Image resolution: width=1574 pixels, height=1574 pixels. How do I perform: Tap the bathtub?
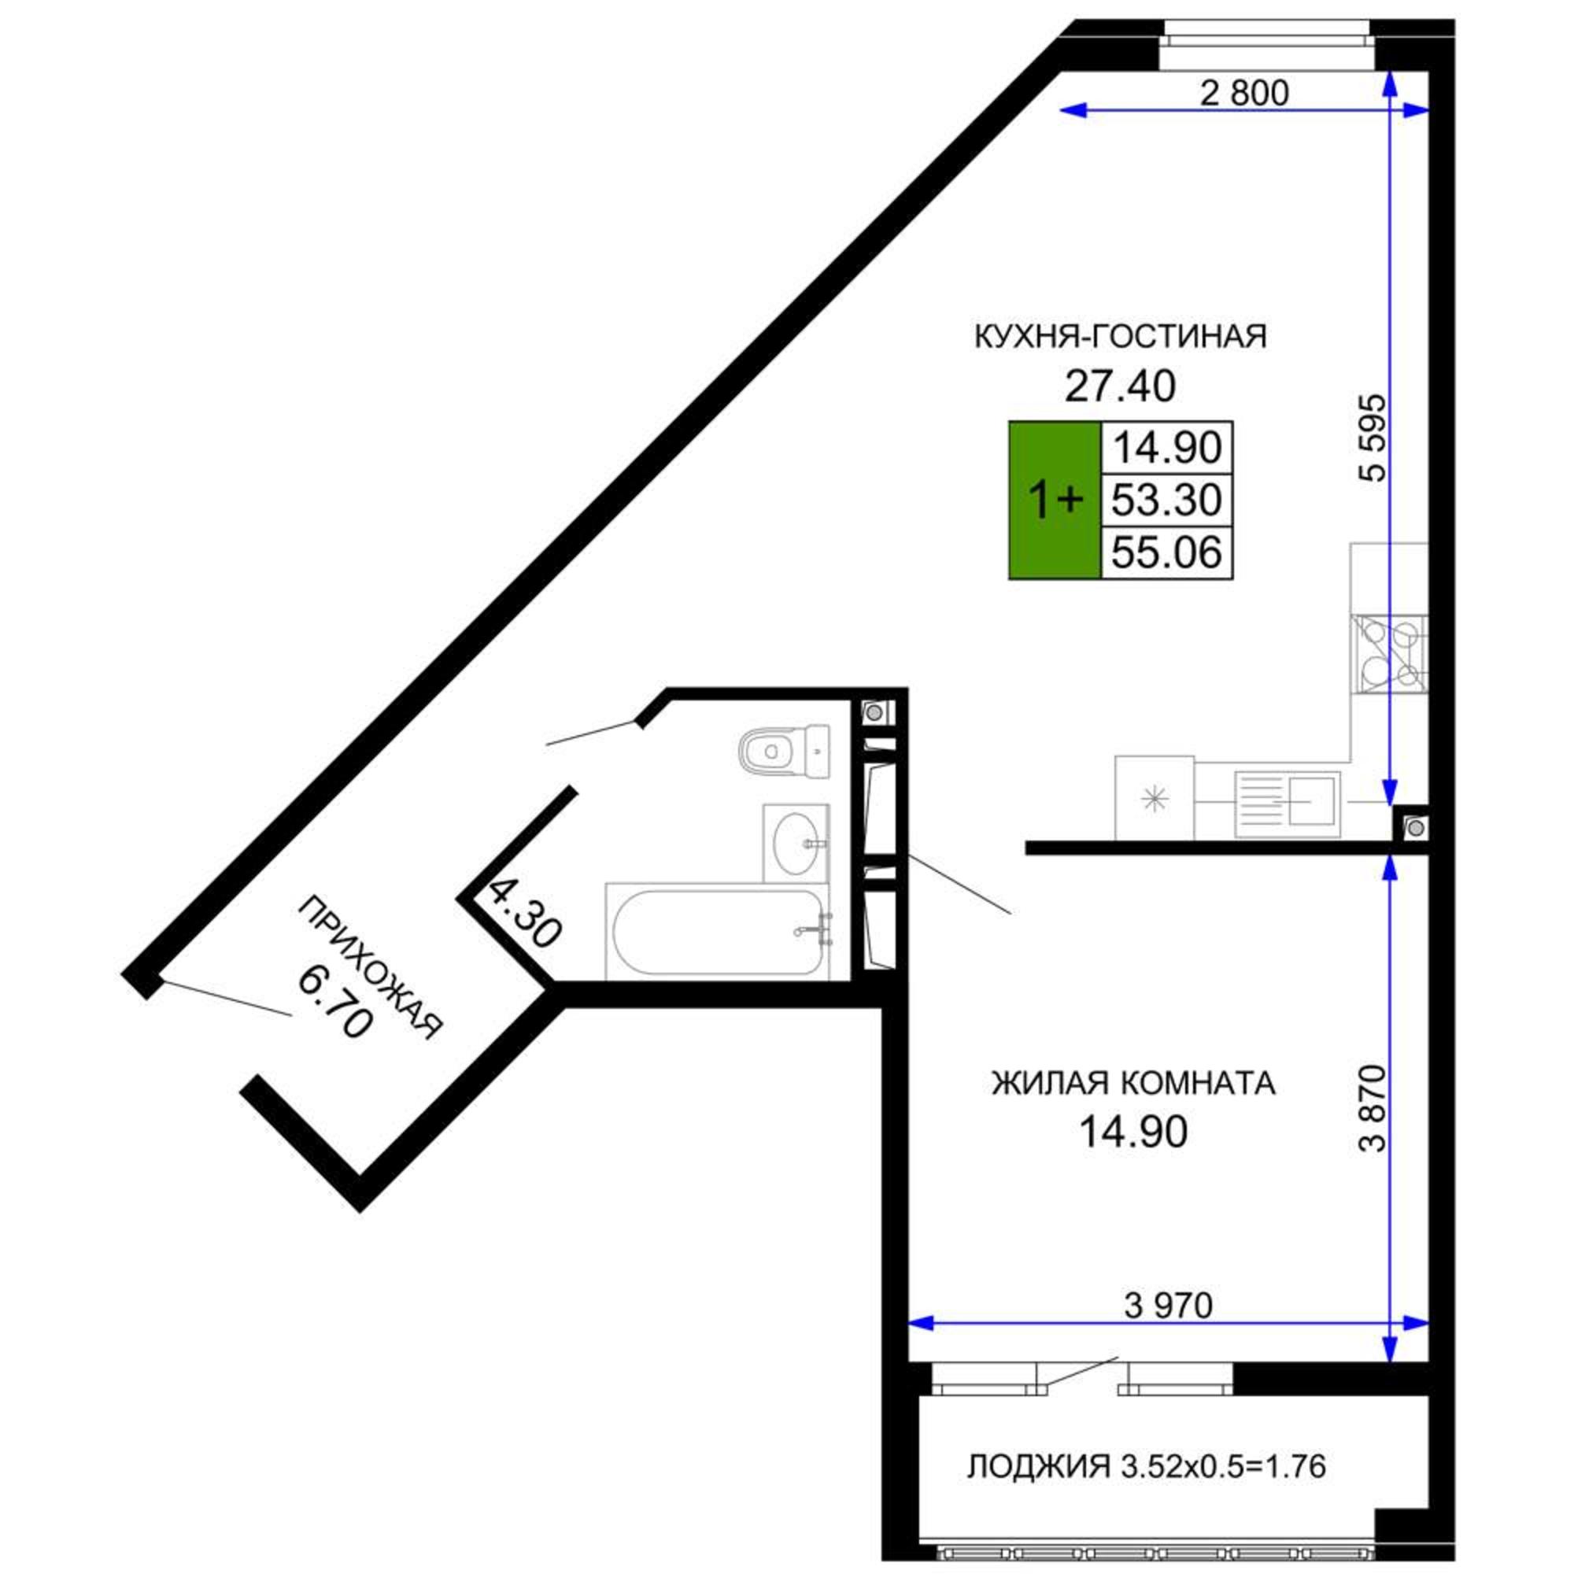point(716,932)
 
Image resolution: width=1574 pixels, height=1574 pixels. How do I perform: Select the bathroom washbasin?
point(795,842)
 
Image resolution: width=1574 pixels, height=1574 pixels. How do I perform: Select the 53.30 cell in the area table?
point(1166,500)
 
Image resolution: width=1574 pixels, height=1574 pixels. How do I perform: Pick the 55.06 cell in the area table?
point(1166,553)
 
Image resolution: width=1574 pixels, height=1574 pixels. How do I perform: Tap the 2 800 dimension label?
point(1244,94)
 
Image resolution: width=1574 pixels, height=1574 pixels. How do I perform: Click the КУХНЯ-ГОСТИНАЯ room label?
point(1121,337)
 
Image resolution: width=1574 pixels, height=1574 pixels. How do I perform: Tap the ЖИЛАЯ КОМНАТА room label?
point(1133,1084)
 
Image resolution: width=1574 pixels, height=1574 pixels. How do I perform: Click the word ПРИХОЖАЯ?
point(371,969)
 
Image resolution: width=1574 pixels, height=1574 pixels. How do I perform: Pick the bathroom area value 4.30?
point(526,911)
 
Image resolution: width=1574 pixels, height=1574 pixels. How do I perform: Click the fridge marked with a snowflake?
point(1154,798)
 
